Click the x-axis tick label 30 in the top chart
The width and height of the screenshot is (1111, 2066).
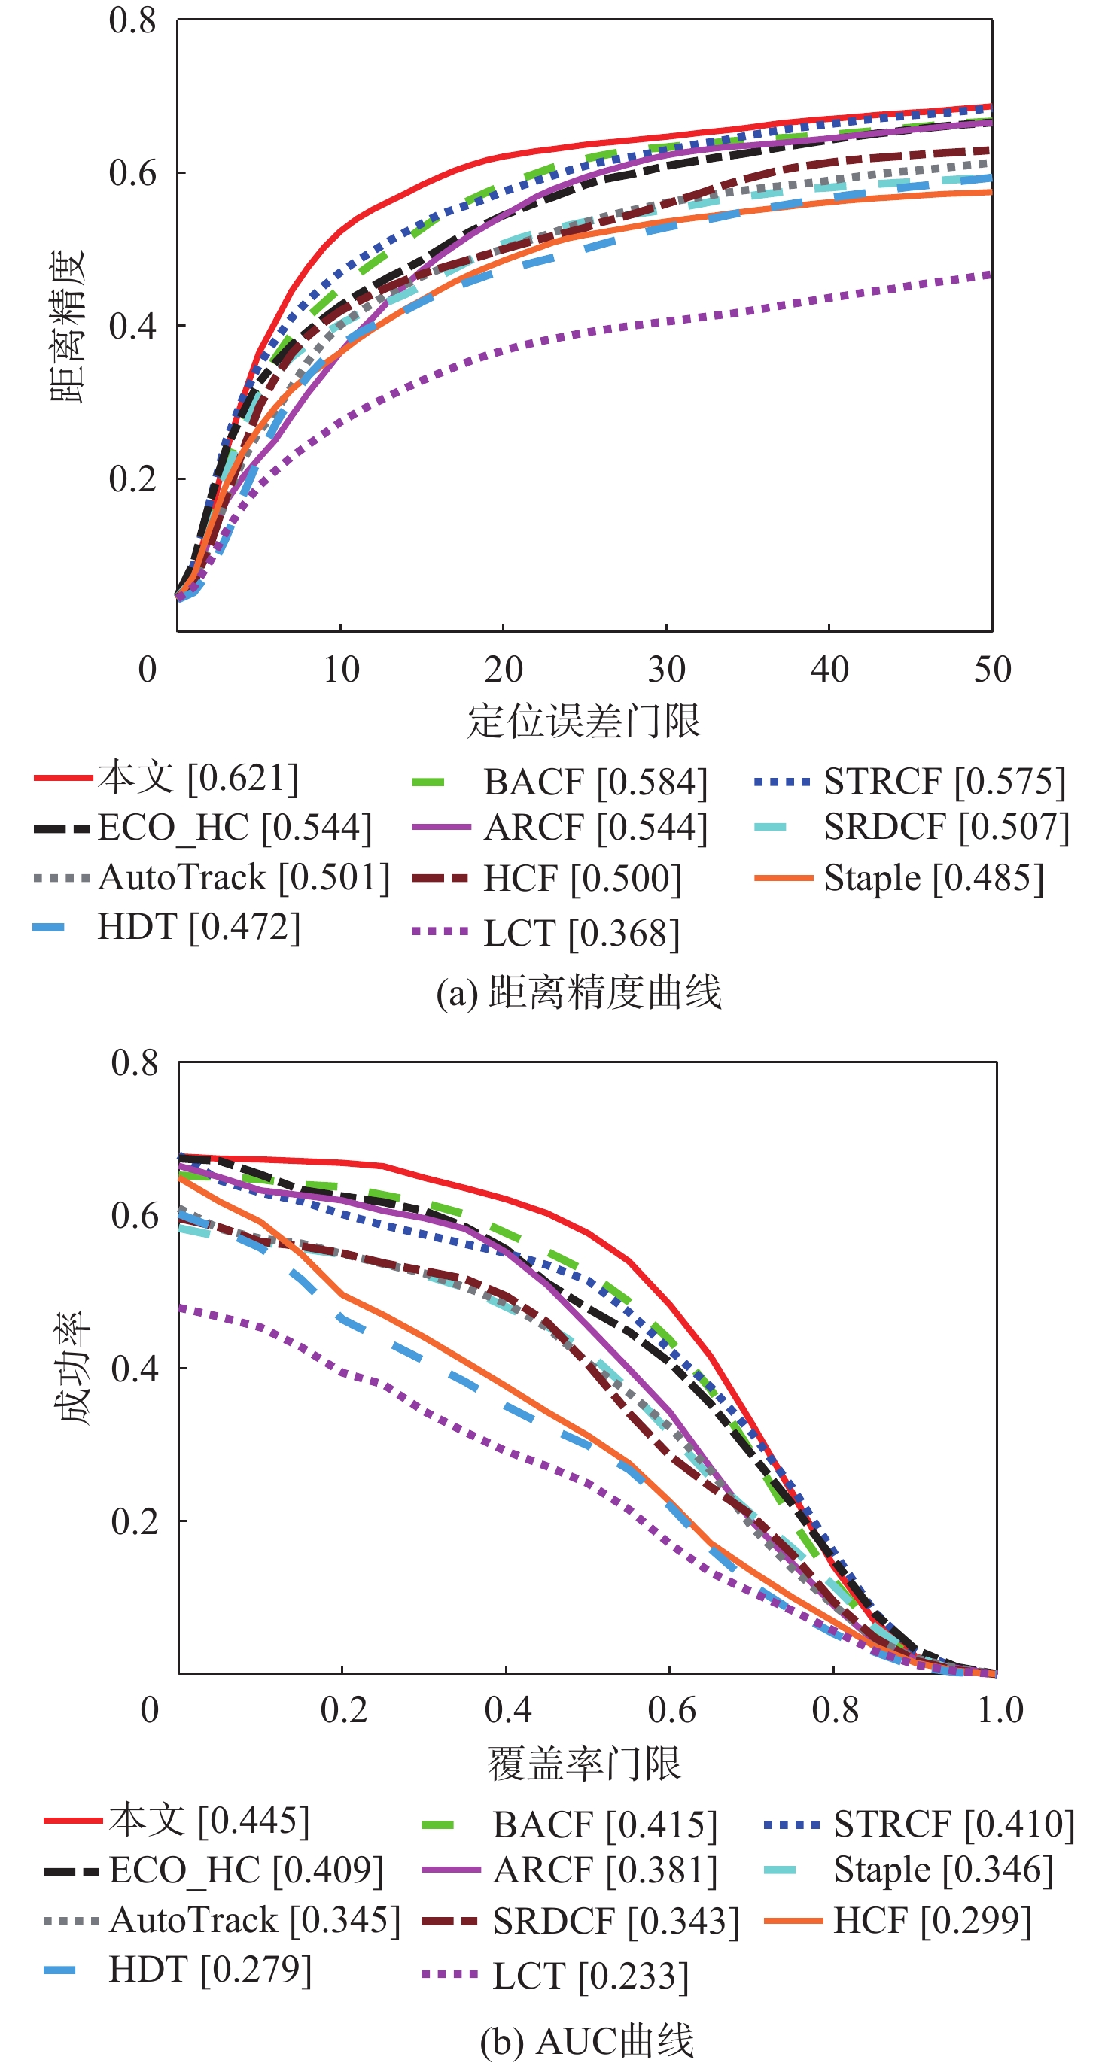667,670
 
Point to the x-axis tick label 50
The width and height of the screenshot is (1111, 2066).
992,670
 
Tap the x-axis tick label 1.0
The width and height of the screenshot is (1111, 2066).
1000,1711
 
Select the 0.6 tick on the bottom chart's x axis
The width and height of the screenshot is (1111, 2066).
671,1711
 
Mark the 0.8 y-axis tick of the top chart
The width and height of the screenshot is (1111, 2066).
132,21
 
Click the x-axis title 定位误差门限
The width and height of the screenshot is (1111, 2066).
584,721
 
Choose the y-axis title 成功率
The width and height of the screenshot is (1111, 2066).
75,1369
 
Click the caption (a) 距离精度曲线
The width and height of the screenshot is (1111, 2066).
578,993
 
